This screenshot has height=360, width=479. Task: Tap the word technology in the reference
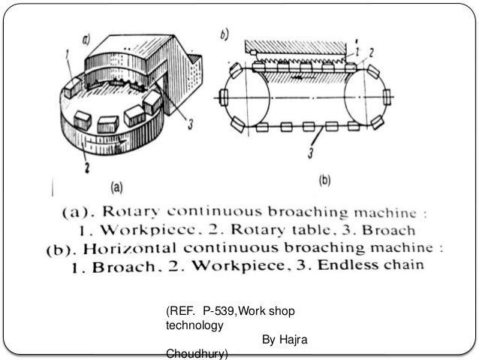(x=193, y=326)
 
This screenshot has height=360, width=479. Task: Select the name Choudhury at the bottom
(x=197, y=355)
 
